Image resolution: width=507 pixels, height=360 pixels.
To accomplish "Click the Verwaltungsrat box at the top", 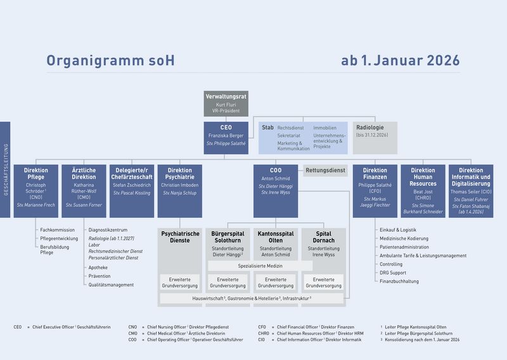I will coord(226,104).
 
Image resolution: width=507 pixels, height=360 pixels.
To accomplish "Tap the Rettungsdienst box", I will coord(326,170).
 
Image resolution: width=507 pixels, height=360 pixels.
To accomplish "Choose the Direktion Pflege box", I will coord(35,191).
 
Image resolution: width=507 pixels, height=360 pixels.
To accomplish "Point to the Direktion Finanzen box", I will coord(375,191).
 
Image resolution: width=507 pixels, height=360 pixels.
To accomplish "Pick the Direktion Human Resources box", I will coord(423,191).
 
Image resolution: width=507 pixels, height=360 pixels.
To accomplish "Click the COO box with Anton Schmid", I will coord(275,191).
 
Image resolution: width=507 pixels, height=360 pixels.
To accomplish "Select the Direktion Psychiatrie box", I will coord(179,191).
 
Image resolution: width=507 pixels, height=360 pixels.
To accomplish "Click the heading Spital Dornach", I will coord(323,238).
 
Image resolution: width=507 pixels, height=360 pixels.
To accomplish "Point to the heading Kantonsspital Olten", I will coord(275,238).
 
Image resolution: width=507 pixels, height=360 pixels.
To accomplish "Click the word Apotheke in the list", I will coord(98,267).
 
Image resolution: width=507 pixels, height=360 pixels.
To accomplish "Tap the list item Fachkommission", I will coord(58,230).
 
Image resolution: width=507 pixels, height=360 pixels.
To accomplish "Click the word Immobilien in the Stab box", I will coord(324,128).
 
